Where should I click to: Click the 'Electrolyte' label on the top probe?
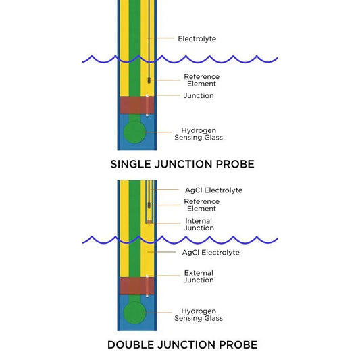click(197, 38)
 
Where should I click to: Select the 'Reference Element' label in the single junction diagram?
click(201, 80)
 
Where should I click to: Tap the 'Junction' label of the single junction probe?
click(199, 96)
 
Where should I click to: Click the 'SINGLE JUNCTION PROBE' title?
click(182, 163)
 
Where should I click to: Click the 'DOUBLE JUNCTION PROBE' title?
click(182, 344)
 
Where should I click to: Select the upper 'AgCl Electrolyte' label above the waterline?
click(213, 190)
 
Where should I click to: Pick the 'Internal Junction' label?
click(199, 224)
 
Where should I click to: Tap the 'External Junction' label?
click(199, 276)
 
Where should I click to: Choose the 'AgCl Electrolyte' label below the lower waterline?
click(211, 252)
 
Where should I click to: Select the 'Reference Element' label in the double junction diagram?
click(201, 205)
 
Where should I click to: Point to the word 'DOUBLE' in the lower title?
click(132, 344)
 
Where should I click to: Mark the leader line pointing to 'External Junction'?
click(163, 276)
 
